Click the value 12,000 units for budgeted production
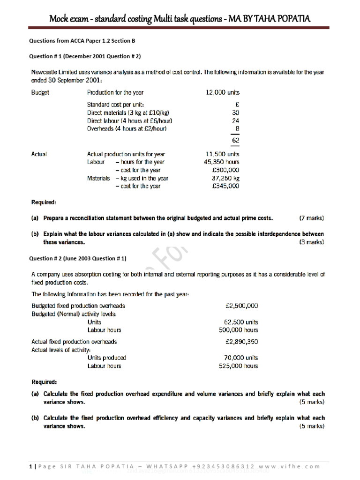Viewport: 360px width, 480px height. [223, 92]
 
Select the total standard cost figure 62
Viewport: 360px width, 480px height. [235, 140]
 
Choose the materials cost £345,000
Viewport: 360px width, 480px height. [225, 186]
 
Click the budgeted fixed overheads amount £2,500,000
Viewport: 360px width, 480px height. [241, 306]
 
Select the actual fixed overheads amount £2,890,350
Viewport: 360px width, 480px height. [241, 342]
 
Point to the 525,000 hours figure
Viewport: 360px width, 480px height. [238, 366]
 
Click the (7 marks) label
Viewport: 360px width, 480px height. [311, 218]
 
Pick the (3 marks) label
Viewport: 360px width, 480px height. [311, 242]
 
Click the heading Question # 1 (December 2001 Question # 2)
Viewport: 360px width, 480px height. [85, 56]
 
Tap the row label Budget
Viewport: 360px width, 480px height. [40, 92]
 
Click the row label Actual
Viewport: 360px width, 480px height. [39, 154]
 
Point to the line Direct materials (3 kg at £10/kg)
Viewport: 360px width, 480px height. [128, 113]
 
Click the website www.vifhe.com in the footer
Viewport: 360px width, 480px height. [297, 466]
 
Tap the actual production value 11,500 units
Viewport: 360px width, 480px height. [223, 154]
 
